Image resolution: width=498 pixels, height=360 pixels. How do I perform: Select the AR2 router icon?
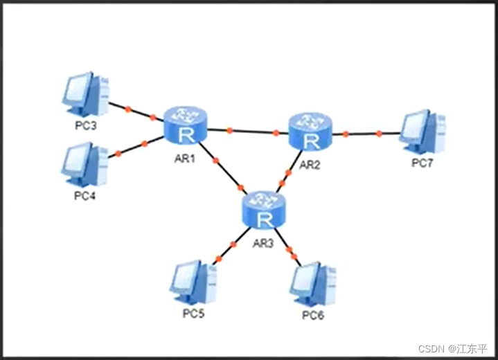(311, 131)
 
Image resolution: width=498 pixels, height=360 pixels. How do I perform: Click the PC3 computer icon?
(86, 94)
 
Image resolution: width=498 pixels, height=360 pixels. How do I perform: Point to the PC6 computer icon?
(313, 284)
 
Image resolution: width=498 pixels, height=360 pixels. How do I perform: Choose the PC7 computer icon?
(423, 132)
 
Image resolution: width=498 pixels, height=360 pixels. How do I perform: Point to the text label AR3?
(264, 243)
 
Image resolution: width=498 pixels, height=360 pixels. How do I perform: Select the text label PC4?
(85, 195)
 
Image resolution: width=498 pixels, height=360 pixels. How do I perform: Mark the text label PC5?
(194, 314)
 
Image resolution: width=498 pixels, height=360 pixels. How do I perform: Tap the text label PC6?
(313, 316)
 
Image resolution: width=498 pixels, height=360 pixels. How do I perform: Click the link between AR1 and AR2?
(248, 130)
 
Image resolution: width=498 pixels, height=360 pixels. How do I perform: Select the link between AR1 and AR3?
(223, 167)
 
